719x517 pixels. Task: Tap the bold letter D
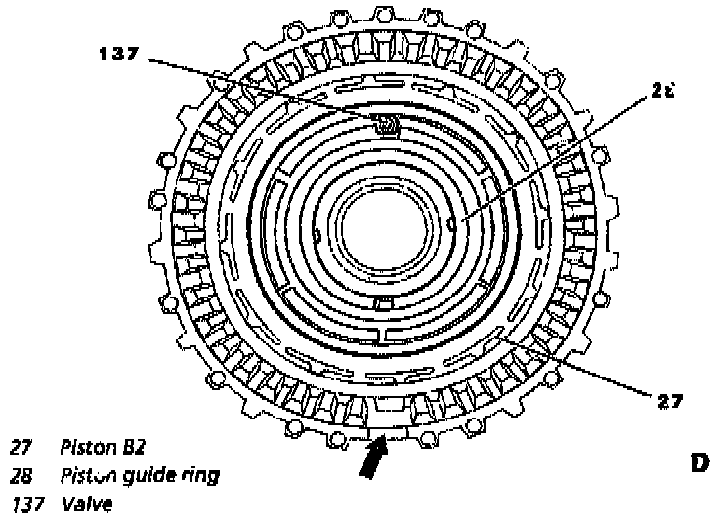pyautogui.click(x=699, y=462)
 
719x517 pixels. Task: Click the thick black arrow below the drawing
pyautogui.click(x=371, y=458)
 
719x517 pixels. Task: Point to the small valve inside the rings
pyautogui.click(x=387, y=124)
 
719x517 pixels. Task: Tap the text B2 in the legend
pyautogui.click(x=134, y=448)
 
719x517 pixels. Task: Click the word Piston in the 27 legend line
pyautogui.click(x=89, y=448)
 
